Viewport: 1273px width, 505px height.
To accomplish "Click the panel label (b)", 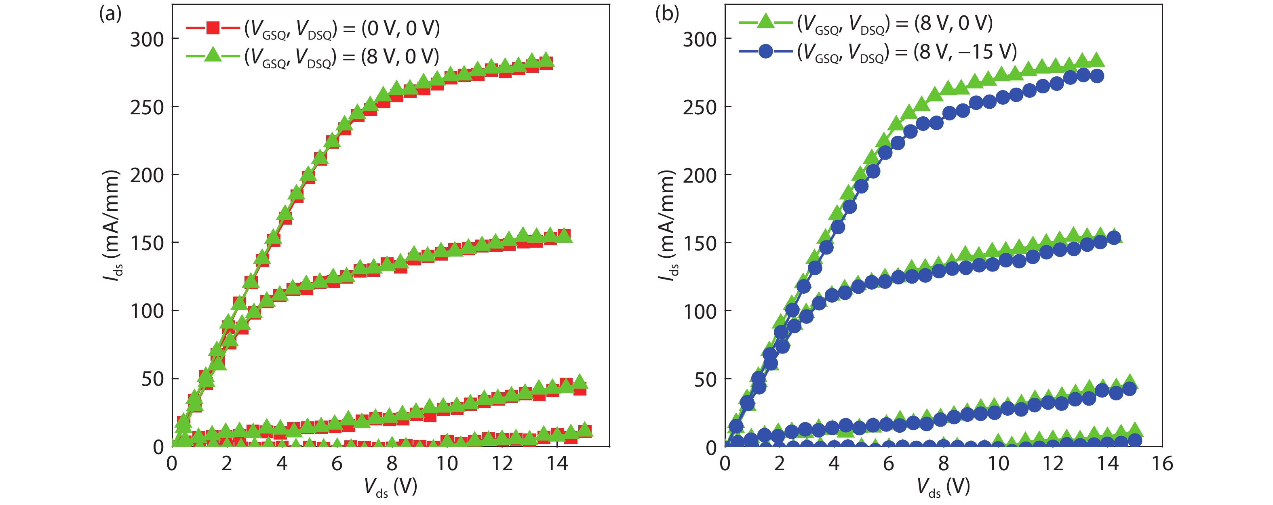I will click(x=667, y=14).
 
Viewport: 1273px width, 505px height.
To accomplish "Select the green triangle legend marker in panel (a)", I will click(x=213, y=55).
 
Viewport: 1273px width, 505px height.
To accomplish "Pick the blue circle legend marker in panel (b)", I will click(x=765, y=51).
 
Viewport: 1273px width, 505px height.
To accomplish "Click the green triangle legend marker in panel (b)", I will click(x=765, y=22).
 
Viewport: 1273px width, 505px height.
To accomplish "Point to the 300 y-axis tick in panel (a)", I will click(x=147, y=39).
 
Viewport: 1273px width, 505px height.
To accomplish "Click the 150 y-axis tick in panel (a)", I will click(x=147, y=243).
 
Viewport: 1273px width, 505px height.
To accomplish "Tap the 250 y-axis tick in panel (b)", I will click(x=700, y=107).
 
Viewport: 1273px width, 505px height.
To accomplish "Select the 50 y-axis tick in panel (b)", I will click(x=706, y=379).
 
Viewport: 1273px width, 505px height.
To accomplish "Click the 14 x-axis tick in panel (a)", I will click(x=557, y=463).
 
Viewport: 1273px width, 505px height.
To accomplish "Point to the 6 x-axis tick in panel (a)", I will click(x=337, y=463).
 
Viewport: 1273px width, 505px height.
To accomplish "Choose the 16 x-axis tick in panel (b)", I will click(x=1162, y=463).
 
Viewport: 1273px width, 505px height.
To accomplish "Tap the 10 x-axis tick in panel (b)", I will click(x=998, y=463).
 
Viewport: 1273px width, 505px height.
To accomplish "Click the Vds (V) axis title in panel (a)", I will click(x=390, y=487).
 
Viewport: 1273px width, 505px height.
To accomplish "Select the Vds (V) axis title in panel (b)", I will click(x=943, y=487).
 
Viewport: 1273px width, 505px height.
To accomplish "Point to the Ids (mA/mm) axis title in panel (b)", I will click(x=667, y=225).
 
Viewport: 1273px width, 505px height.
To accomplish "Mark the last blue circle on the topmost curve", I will click(x=1096, y=76).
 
